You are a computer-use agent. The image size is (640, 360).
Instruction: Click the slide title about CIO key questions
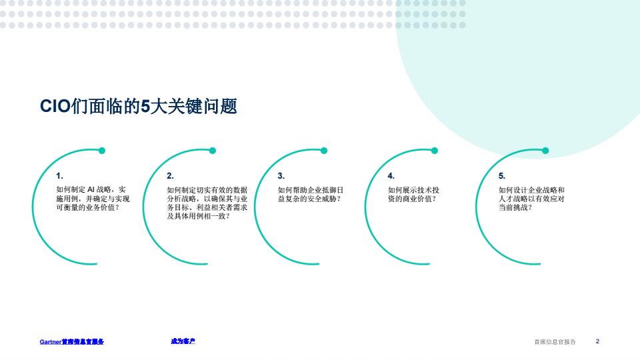click(139, 107)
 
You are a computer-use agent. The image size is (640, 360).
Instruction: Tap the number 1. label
click(59, 176)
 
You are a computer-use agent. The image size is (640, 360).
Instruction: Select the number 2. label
click(170, 176)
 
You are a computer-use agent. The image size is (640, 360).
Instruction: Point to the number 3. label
click(281, 176)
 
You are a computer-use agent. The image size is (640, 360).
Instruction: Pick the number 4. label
click(391, 176)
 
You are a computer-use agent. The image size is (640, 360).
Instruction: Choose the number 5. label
click(502, 176)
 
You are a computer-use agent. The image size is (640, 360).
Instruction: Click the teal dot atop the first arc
click(102, 151)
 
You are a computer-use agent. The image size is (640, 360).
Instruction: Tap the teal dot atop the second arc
click(213, 151)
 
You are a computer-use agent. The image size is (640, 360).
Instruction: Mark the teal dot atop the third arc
click(324, 151)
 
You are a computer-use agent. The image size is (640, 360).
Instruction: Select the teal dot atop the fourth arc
click(435, 151)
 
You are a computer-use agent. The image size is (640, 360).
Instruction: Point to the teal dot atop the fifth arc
click(545, 151)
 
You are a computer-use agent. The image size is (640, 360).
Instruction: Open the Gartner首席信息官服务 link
click(72, 341)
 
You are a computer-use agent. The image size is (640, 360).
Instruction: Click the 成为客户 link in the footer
click(183, 341)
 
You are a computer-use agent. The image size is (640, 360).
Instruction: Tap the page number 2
click(597, 341)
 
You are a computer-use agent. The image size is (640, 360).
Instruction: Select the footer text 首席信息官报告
click(555, 342)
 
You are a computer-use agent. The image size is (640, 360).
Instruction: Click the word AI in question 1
click(91, 189)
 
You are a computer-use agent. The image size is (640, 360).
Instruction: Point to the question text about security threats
click(311, 194)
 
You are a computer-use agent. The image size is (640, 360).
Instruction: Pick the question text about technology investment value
click(413, 194)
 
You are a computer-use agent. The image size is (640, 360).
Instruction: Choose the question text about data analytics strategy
click(207, 203)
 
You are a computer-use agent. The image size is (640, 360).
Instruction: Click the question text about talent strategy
click(531, 199)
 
